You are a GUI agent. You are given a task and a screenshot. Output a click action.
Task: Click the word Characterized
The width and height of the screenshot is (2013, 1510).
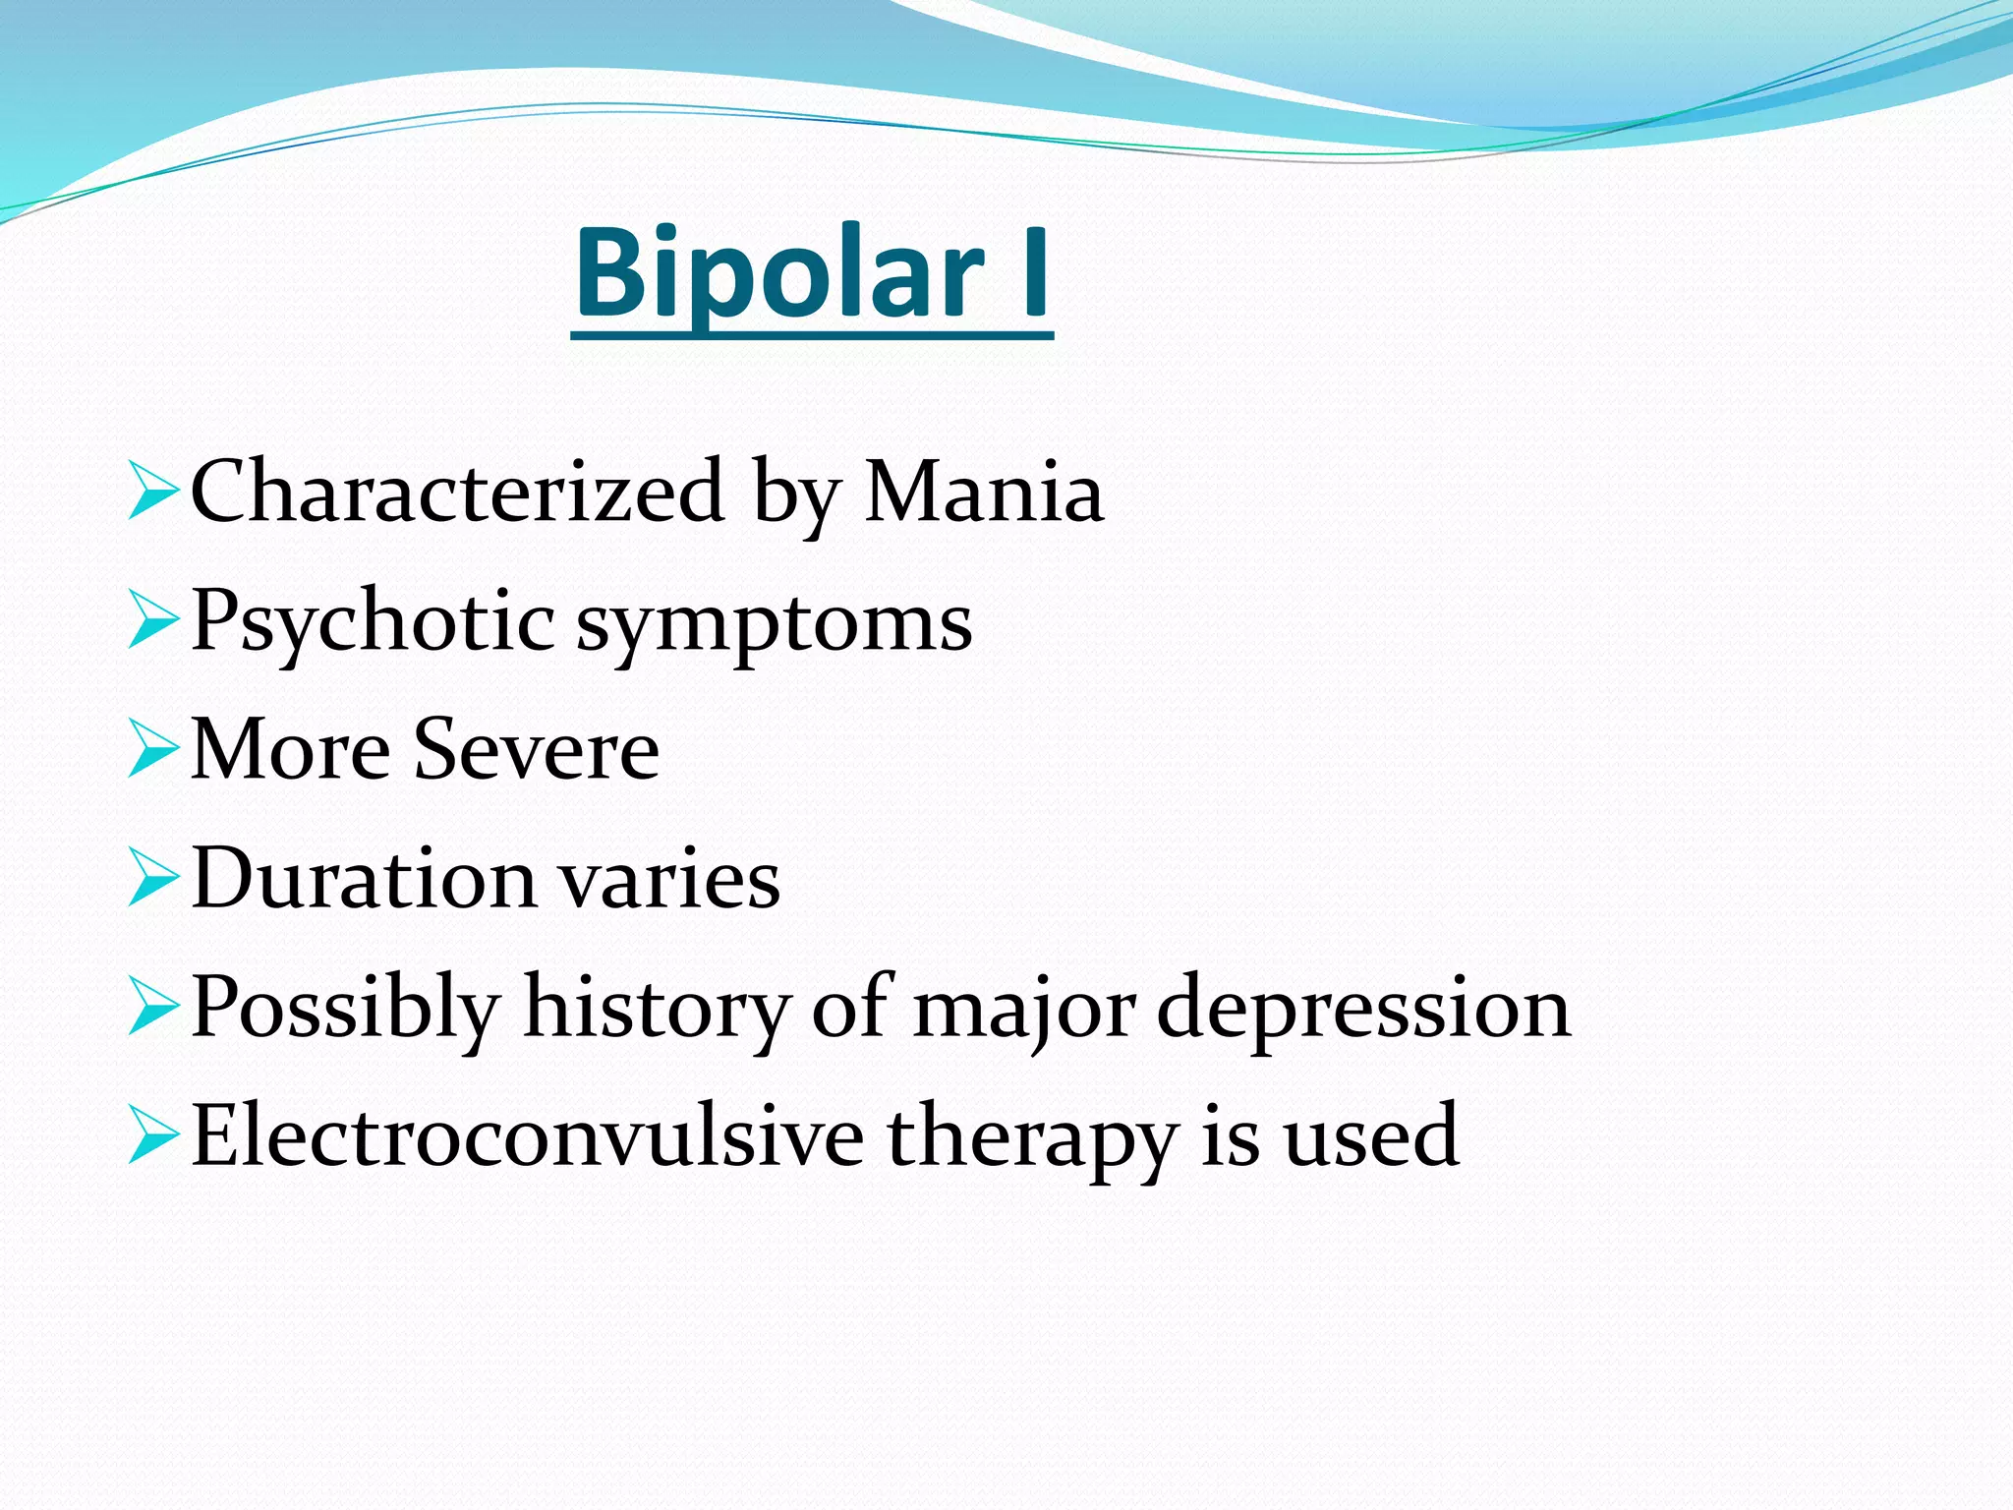457,492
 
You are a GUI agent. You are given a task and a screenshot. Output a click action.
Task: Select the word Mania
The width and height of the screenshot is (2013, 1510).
984,492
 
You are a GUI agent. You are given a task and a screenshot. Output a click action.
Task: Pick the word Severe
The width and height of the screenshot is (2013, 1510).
536,750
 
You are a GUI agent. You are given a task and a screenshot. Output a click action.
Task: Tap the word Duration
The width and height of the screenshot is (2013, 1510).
364,878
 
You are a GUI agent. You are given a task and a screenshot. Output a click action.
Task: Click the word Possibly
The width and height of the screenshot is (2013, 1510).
345,1009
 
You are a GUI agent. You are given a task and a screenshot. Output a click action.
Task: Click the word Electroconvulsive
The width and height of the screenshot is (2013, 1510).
527,1136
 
